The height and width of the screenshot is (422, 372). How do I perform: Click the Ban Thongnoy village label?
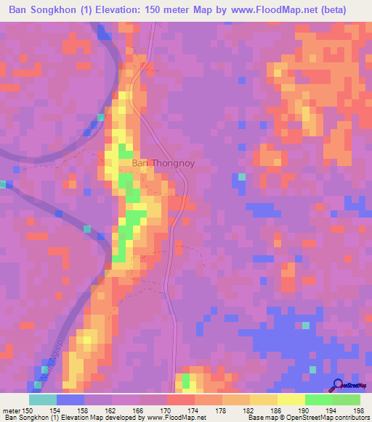[x=163, y=164]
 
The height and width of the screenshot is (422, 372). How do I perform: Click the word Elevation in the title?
[x=103, y=9]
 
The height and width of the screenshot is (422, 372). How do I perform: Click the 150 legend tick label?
[x=28, y=410]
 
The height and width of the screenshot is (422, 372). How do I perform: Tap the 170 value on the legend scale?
[x=166, y=410]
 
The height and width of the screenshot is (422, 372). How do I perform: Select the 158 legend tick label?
[x=84, y=410]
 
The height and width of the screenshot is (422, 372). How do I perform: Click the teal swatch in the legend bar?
[x=43, y=400]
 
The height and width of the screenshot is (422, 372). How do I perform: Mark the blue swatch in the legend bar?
[x=70, y=400]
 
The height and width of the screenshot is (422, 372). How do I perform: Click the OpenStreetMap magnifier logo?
[x=338, y=386]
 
